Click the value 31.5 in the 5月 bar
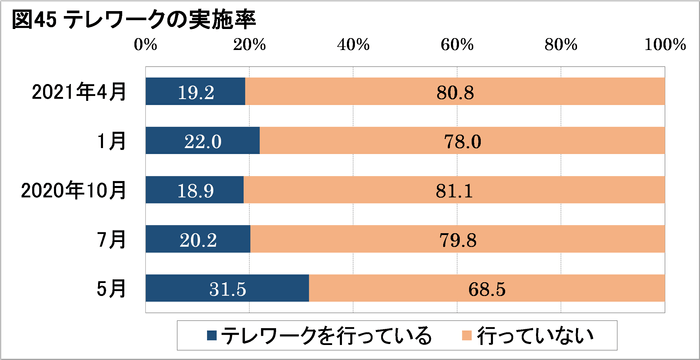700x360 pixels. [226, 288]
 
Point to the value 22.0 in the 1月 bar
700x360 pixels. [202, 141]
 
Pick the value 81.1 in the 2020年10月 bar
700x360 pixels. [455, 190]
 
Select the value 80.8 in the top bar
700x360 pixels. [455, 92]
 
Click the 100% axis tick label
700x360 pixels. [663, 44]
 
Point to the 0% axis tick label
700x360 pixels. [146, 44]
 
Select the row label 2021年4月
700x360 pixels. [80, 91]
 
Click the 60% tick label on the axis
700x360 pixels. [457, 44]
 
